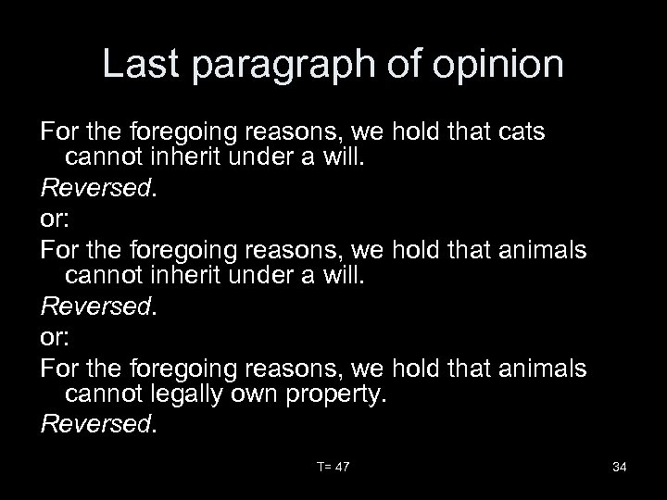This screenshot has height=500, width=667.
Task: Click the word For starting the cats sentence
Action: pyautogui.click(x=60, y=132)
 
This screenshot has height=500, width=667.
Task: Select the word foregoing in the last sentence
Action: pyautogui.click(x=183, y=369)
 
